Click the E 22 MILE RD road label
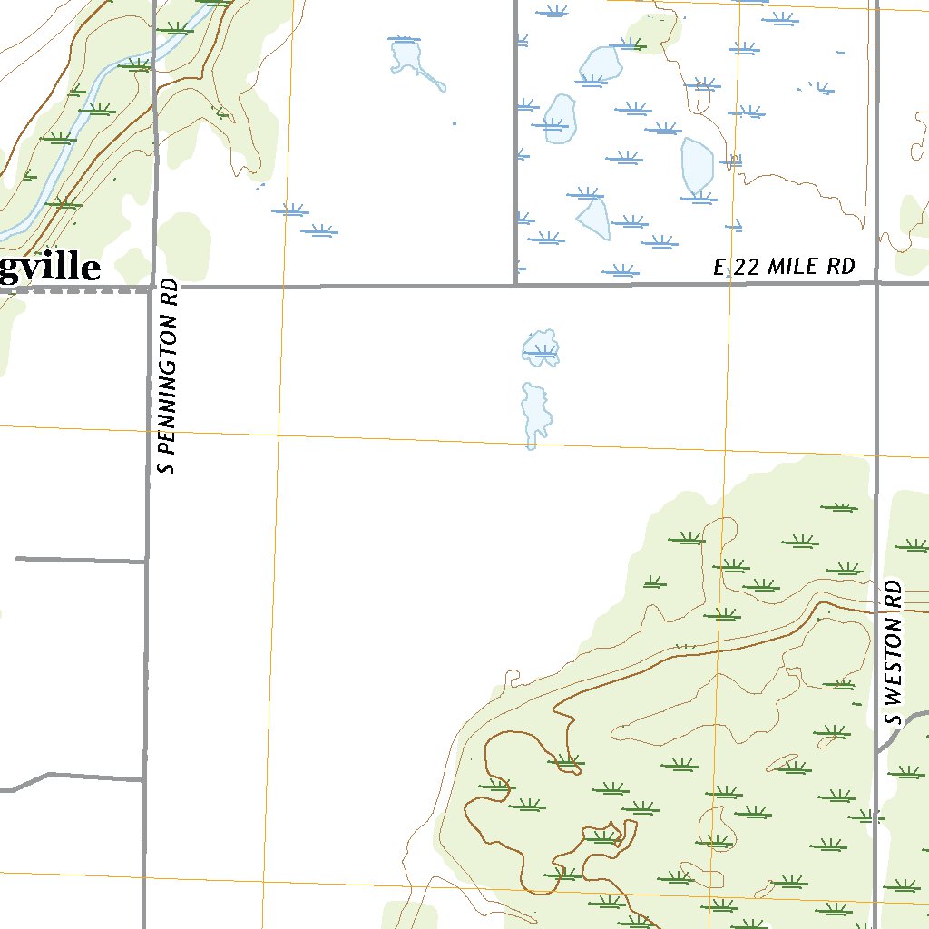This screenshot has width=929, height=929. click(785, 267)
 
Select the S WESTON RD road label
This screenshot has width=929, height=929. click(895, 652)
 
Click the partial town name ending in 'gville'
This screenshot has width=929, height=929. click(50, 269)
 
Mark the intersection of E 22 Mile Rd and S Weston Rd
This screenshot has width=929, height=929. click(876, 282)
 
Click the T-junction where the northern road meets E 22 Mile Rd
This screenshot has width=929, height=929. click(515, 285)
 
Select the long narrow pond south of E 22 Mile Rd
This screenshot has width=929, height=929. click(533, 413)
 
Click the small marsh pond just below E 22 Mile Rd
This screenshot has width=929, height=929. click(542, 348)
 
